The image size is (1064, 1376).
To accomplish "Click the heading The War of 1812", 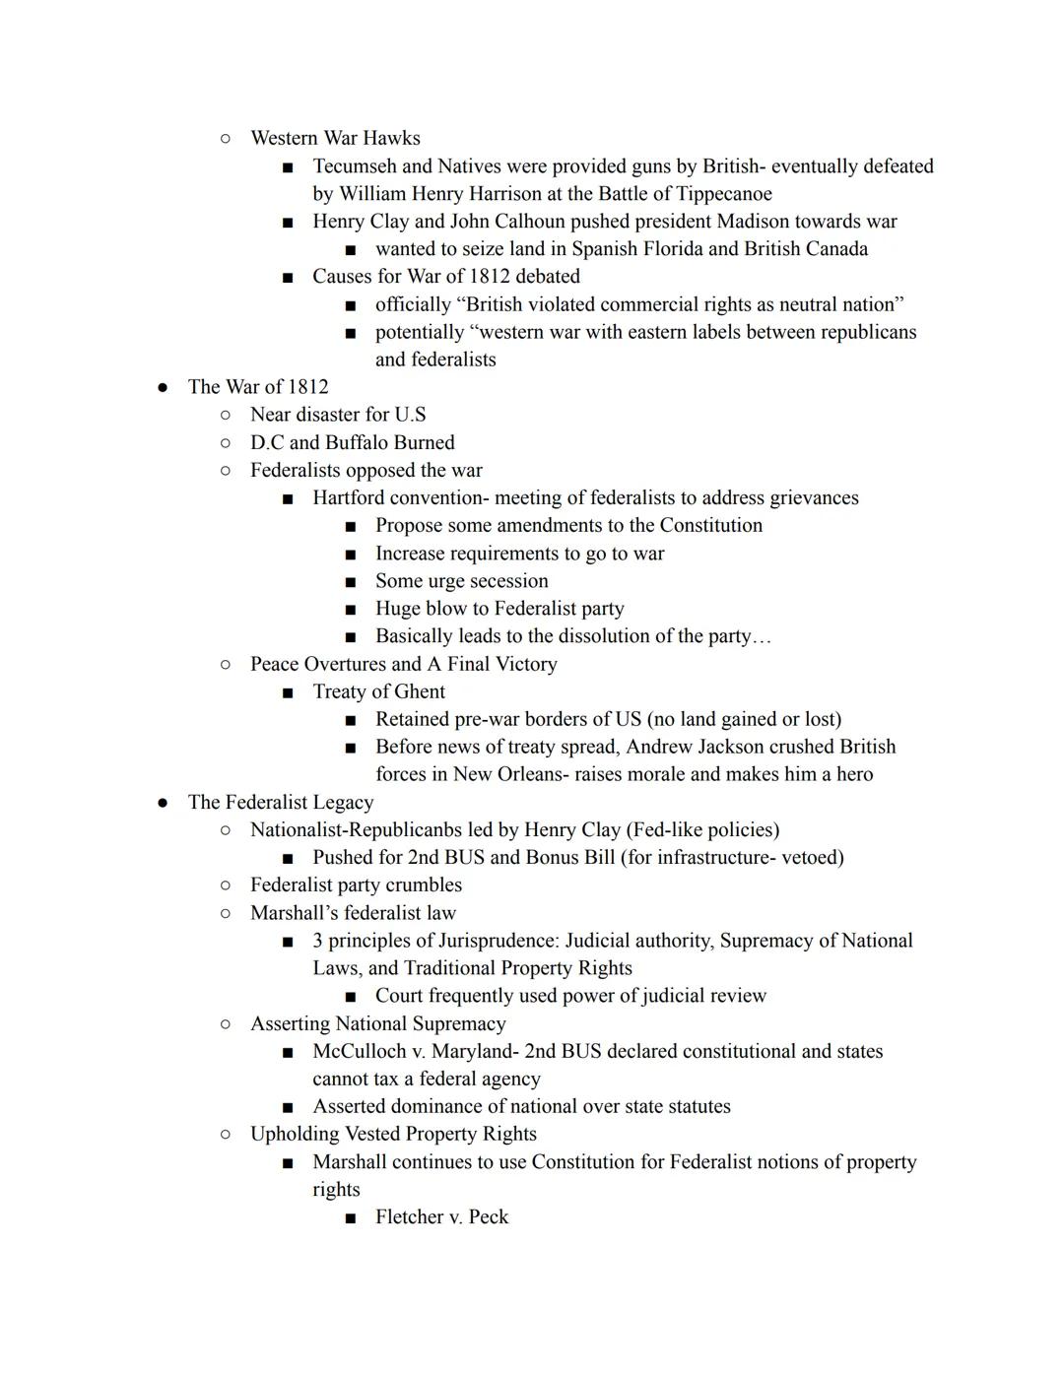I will [x=258, y=387].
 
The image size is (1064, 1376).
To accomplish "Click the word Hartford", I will [x=352, y=498].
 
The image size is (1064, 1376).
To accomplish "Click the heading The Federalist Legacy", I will [x=281, y=803].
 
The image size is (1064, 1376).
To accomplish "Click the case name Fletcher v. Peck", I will [x=441, y=1217].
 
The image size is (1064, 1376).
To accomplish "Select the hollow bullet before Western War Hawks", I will [x=226, y=139].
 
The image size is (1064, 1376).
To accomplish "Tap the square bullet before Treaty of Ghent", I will [x=288, y=692].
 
